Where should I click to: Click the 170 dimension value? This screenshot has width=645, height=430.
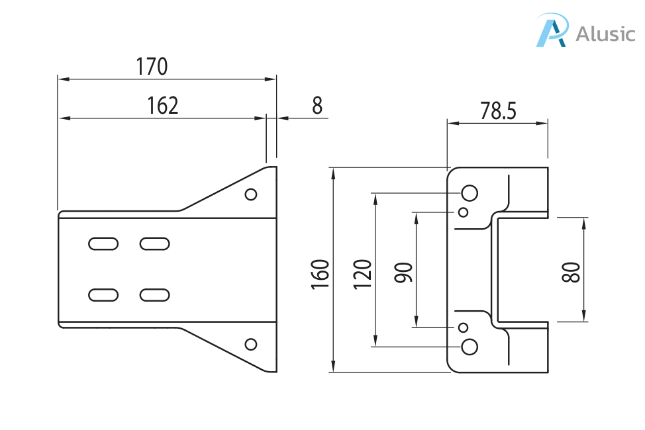pyautogui.click(x=152, y=67)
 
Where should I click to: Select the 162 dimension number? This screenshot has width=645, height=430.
pyautogui.click(x=162, y=106)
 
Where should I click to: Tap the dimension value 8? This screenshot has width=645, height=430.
pyautogui.click(x=317, y=106)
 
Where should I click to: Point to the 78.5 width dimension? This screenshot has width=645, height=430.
pyautogui.click(x=498, y=111)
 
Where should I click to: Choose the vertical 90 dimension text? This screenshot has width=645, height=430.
pyautogui.click(x=404, y=273)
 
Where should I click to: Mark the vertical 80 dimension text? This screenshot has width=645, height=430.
pyautogui.click(x=571, y=273)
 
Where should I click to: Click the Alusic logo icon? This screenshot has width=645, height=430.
pyautogui.click(x=552, y=30)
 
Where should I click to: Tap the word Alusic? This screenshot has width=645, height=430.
pyautogui.click(x=605, y=34)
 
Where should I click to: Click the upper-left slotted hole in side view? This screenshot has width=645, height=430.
pyautogui.click(x=103, y=243)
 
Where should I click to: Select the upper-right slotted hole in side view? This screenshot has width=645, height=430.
pyautogui.click(x=155, y=243)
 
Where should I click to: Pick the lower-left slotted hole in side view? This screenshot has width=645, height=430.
pyautogui.click(x=103, y=294)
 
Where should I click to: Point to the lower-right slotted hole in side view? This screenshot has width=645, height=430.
pyautogui.click(x=155, y=294)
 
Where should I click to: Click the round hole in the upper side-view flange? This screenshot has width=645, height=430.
pyautogui.click(x=251, y=194)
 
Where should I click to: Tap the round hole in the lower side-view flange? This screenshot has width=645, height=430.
pyautogui.click(x=251, y=344)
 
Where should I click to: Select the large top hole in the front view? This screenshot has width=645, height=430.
pyautogui.click(x=470, y=193)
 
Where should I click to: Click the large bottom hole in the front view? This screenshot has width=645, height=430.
pyautogui.click(x=470, y=346)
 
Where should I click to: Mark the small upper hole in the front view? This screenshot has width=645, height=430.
pyautogui.click(x=464, y=212)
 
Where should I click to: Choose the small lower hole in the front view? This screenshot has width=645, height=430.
pyautogui.click(x=464, y=327)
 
